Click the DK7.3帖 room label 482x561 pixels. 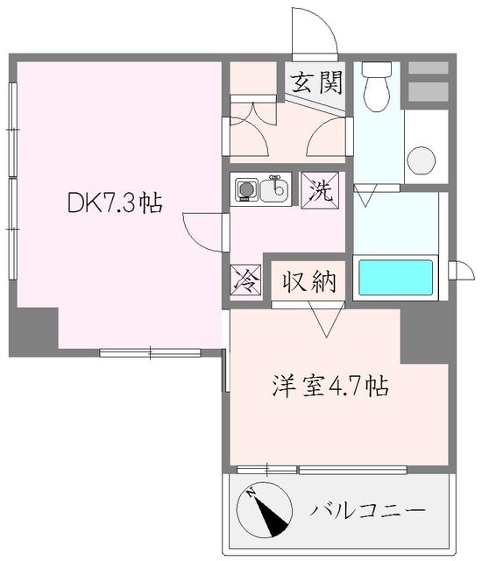pos(114,203)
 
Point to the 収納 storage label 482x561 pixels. pos(309,282)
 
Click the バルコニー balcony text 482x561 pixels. pos(368,510)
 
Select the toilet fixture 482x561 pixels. pos(377,87)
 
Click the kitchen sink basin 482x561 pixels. pos(274,188)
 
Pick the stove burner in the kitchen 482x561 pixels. pos(245,188)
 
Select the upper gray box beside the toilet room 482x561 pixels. pos(429,68)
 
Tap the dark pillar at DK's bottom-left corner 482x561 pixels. pos(33,330)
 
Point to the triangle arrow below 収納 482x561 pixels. pos(324,321)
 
